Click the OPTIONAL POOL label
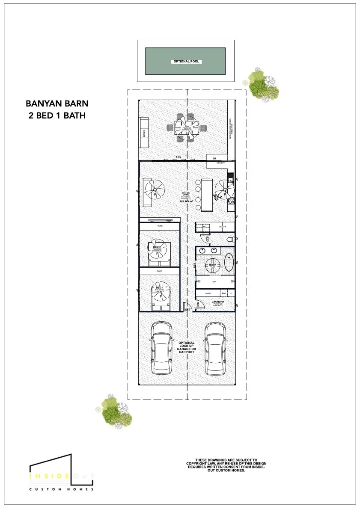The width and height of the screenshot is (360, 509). click(186, 62)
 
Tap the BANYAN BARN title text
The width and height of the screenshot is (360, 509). click(57, 104)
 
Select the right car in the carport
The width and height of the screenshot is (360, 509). click(215, 348)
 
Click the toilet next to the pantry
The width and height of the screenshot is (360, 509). click(230, 239)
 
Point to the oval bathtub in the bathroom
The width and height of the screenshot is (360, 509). click(229, 263)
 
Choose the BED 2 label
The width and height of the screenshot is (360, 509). click(157, 247)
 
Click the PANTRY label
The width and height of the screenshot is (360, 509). click(222, 227)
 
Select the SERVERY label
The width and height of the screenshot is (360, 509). click(221, 163)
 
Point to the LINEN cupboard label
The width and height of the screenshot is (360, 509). click(208, 293)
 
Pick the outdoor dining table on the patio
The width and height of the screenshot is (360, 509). click(187, 127)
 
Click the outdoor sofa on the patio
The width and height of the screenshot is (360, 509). click(144, 132)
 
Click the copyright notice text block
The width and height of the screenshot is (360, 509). click(226, 465)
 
